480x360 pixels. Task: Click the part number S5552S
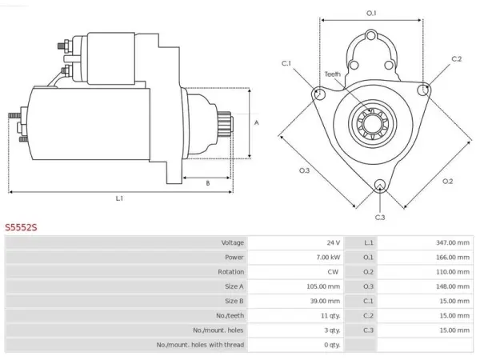pyautogui.click(x=21, y=227)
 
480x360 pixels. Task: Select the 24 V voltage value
pyautogui.click(x=333, y=242)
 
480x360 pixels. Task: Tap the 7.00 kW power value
pyautogui.click(x=328, y=257)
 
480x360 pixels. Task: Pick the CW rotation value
pyautogui.click(x=333, y=272)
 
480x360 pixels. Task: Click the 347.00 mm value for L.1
pyautogui.click(x=453, y=242)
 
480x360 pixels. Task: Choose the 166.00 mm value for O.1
pyautogui.click(x=453, y=257)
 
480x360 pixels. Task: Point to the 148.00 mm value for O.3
pyautogui.click(x=453, y=286)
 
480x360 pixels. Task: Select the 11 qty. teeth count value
pyautogui.click(x=330, y=316)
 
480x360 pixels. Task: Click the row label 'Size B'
pyautogui.click(x=234, y=301)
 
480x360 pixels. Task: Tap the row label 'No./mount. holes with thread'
pyautogui.click(x=200, y=345)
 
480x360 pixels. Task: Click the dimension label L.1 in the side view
pyautogui.click(x=119, y=198)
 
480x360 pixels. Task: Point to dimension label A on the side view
pyautogui.click(x=257, y=122)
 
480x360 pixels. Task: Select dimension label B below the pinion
pyautogui.click(x=208, y=183)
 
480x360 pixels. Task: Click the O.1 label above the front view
pyautogui.click(x=371, y=13)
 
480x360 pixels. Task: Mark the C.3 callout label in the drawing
pyautogui.click(x=380, y=218)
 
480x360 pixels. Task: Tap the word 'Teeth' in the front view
pyautogui.click(x=333, y=74)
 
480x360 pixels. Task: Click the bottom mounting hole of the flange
pyautogui.click(x=380, y=185)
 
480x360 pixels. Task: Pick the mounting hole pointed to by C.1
pyautogui.click(x=319, y=94)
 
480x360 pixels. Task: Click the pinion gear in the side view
pyautogui.click(x=225, y=122)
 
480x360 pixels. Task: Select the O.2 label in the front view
pyautogui.click(x=447, y=182)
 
